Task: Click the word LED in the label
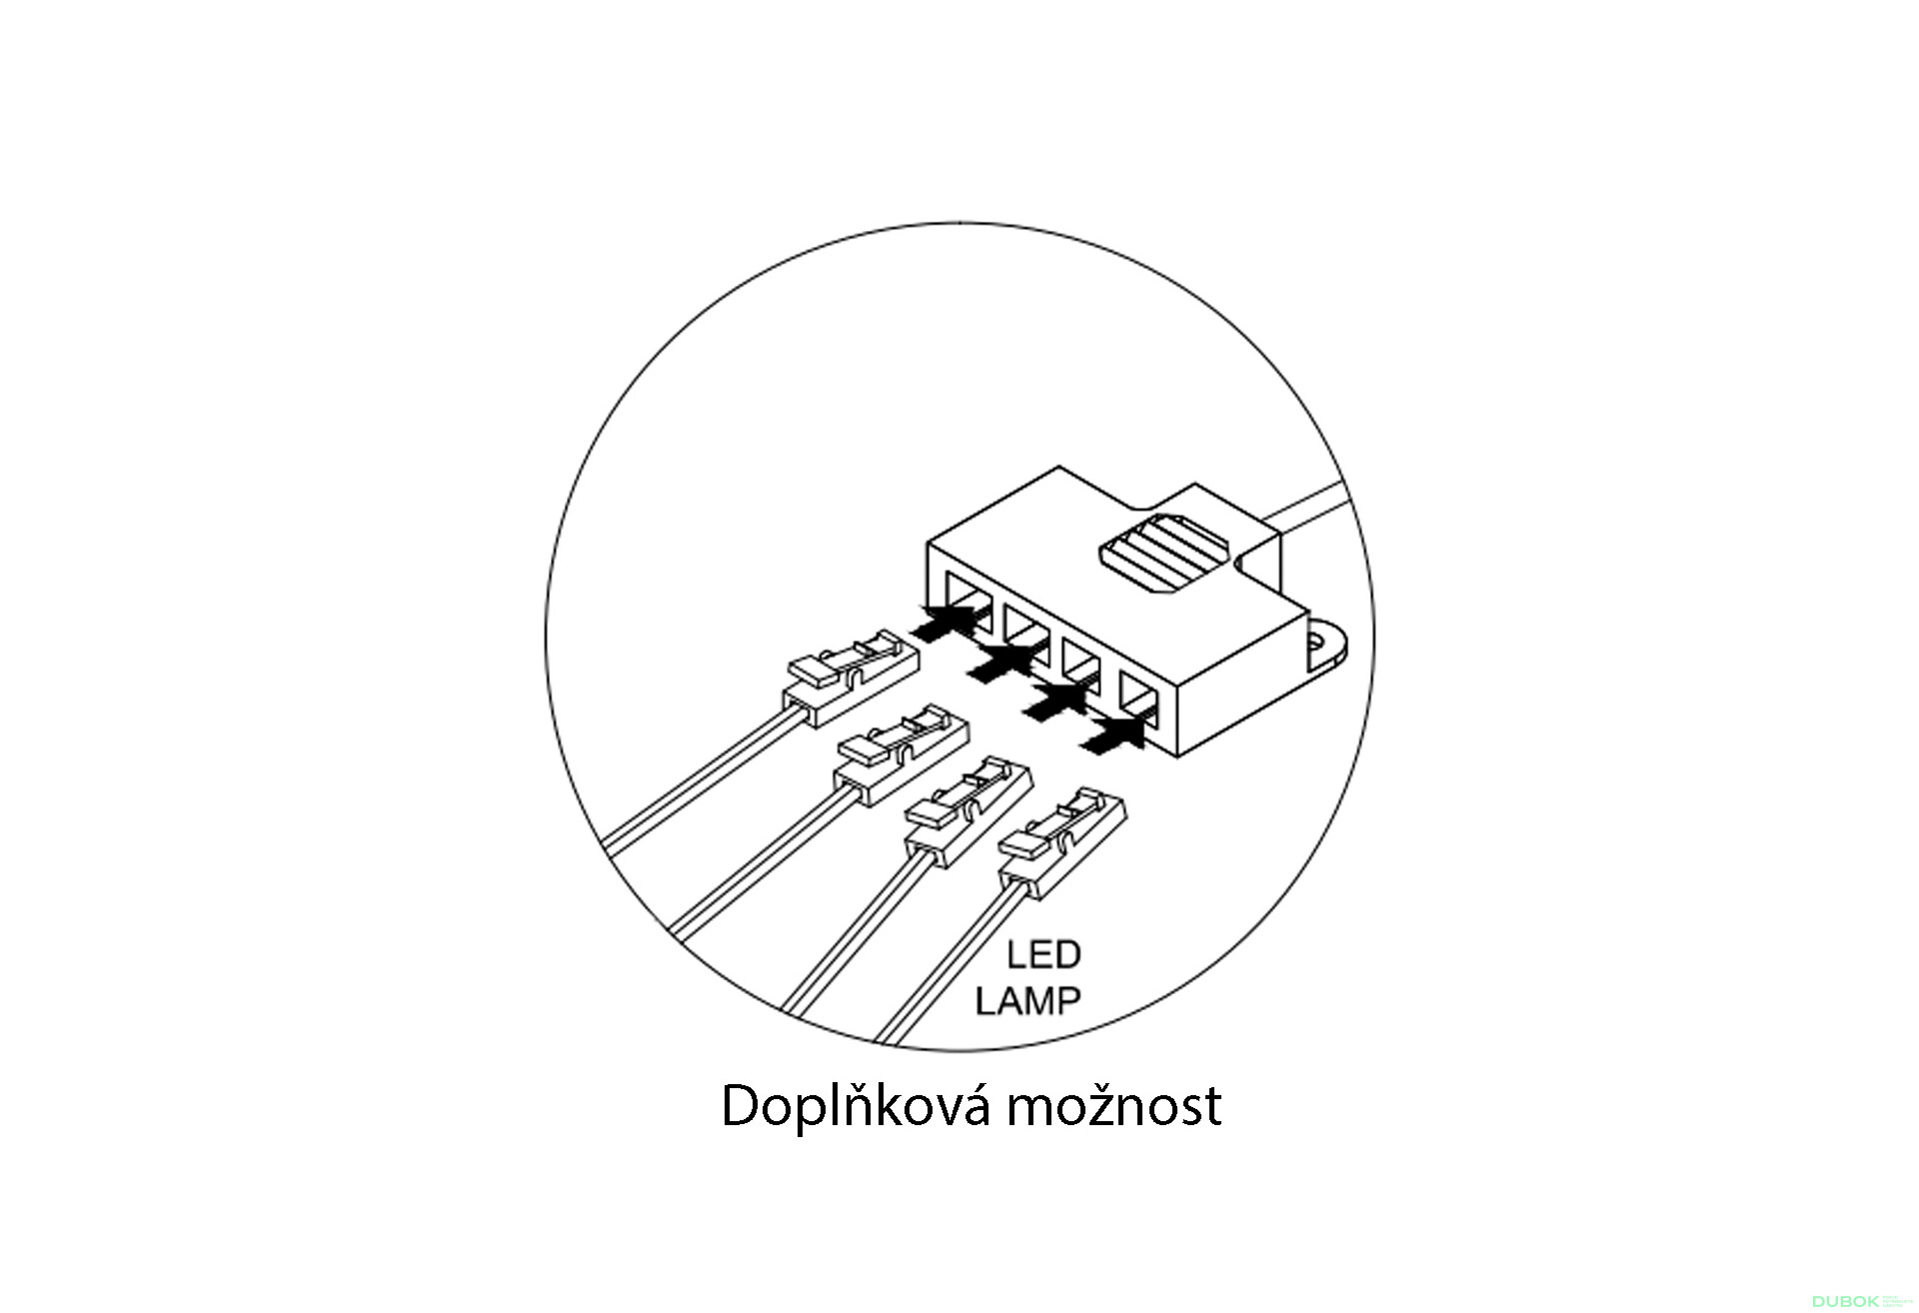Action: pyautogui.click(x=1043, y=955)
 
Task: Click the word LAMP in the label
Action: pyautogui.click(x=1028, y=1000)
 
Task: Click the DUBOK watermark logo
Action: pyautogui.click(x=1844, y=1301)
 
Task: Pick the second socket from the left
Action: pyautogui.click(x=1023, y=632)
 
